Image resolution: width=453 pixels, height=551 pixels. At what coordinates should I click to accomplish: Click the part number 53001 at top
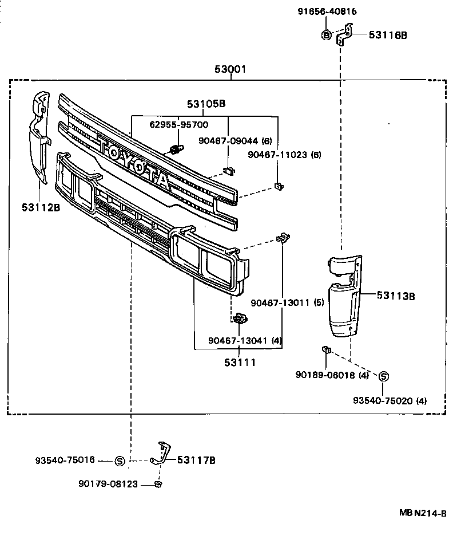(231, 69)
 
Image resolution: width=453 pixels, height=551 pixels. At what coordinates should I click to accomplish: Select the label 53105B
(206, 104)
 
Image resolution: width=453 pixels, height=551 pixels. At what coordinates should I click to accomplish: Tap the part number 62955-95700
(178, 124)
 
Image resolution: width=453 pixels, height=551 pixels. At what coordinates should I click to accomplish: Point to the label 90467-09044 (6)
(227, 140)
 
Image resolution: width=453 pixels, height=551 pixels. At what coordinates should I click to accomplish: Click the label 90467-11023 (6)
(285, 154)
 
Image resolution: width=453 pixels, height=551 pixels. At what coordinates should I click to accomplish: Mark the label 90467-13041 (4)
(245, 340)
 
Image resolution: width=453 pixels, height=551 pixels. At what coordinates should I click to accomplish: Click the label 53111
(240, 362)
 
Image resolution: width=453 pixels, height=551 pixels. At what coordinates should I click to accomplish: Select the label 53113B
(395, 296)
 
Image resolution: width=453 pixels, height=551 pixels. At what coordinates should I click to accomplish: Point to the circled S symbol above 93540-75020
(384, 376)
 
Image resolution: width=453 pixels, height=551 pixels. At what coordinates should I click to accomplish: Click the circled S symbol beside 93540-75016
(120, 460)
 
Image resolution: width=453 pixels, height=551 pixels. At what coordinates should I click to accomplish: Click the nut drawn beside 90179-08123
(158, 485)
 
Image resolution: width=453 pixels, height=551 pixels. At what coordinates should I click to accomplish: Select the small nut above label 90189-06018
(325, 349)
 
